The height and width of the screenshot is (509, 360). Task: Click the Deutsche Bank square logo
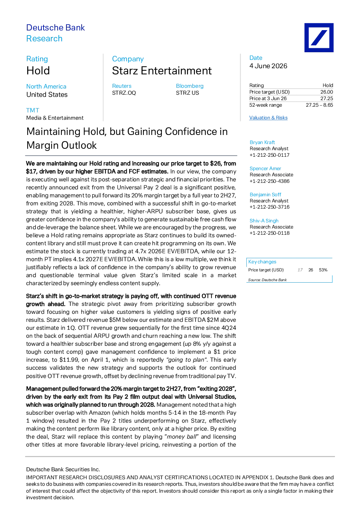pos(319,38)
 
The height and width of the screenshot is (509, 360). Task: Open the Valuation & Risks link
pos(268,118)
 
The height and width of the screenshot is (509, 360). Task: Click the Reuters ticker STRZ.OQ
pos(124,93)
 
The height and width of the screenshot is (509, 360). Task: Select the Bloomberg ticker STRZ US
pos(187,93)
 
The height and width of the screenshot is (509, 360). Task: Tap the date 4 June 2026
pos(268,66)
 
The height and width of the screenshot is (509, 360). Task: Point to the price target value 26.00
pos(327,92)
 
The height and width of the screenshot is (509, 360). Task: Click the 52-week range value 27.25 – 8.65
pos(319,105)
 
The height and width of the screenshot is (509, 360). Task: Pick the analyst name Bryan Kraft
pos(262,142)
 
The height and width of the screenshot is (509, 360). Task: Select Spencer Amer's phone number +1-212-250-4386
pos(270,181)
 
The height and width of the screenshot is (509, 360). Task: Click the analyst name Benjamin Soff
pos(265,194)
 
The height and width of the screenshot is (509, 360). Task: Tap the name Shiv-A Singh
pos(264,221)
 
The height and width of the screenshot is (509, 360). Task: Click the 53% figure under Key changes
pos(323,270)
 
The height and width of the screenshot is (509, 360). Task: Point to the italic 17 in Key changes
pos(300,270)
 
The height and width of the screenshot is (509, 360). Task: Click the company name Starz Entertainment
pos(162,71)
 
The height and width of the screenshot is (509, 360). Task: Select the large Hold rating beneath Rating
pos(38,71)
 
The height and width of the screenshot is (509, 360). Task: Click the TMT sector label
pos(33,110)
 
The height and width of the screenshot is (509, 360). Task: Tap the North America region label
pos(46,87)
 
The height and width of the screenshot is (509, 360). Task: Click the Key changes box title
pos(262,262)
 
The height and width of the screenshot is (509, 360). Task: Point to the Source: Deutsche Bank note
pos(267,280)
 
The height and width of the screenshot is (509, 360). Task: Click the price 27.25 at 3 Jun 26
pos(327,99)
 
